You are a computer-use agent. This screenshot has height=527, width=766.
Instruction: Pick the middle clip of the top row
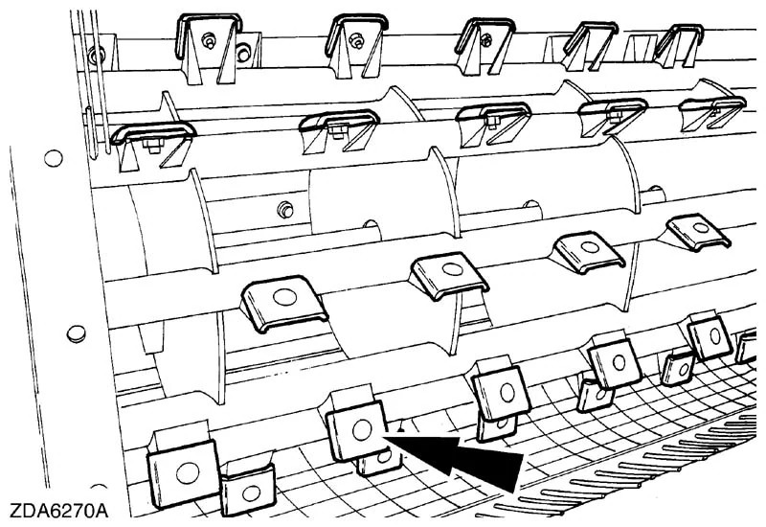click(485, 41)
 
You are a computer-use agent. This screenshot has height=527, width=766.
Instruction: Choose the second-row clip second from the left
click(341, 126)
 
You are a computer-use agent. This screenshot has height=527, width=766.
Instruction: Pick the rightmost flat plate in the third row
click(697, 230)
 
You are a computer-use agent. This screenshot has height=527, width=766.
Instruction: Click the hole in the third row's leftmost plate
click(284, 297)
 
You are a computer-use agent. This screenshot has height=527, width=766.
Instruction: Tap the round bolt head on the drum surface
click(283, 209)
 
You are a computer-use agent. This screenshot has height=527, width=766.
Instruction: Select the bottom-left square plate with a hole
click(183, 470)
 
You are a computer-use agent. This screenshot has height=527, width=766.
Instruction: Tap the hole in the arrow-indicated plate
click(361, 430)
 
